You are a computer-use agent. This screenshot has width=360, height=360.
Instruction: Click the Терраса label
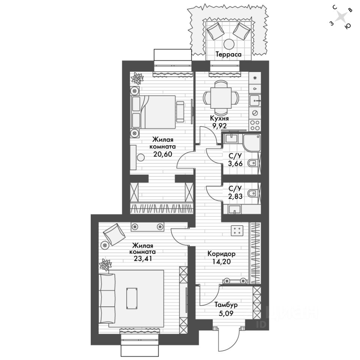pos(228,54)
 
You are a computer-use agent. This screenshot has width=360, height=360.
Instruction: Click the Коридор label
pos(221,253)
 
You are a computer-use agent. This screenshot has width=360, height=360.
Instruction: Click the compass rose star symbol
pos(340,17)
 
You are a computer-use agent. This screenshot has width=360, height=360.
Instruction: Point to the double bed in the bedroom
pos(157,109)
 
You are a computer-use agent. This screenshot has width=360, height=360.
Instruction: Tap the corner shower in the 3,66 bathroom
pos(251,142)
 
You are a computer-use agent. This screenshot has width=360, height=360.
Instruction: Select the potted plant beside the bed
pos(137,78)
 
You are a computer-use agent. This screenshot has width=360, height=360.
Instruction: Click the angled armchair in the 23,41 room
pos(114,233)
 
